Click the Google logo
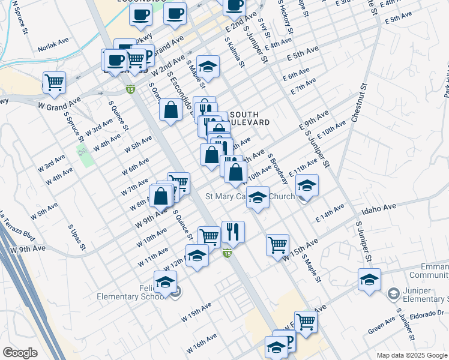pyautogui.click(x=20, y=353)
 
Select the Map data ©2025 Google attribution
pyautogui.click(x=412, y=355)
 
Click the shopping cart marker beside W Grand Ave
pyautogui.click(x=54, y=82)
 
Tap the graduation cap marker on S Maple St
pyautogui.click(x=208, y=67)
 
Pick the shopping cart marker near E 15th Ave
pyautogui.click(x=277, y=244)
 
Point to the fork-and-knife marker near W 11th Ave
pyautogui.click(x=233, y=231)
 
